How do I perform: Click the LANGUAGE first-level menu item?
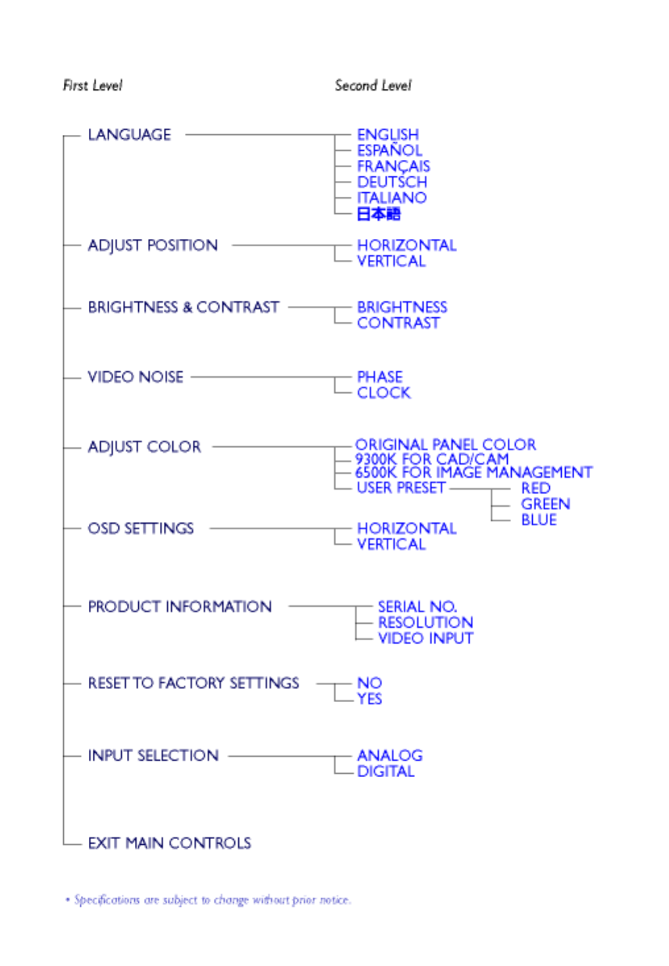coord(129,135)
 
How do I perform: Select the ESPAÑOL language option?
coord(389,151)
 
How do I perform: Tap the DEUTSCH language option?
coord(392,182)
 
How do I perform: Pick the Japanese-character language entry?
coord(378,214)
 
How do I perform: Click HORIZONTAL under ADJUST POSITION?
coord(407,245)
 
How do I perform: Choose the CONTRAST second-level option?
coord(398,323)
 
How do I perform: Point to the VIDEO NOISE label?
coord(136,377)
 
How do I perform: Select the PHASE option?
coord(380,377)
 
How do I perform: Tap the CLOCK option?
coord(384,393)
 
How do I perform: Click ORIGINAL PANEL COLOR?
coord(445,445)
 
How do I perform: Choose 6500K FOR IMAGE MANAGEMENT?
coord(474,472)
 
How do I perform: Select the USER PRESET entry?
coord(401,488)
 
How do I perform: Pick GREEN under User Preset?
coord(545,504)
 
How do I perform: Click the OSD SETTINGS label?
coord(141,528)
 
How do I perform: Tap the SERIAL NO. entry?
coord(417,607)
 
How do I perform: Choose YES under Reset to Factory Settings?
coord(369,699)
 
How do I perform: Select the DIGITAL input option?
coord(385,771)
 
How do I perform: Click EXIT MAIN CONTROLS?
coord(169,843)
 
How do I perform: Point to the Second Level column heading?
coord(373,86)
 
